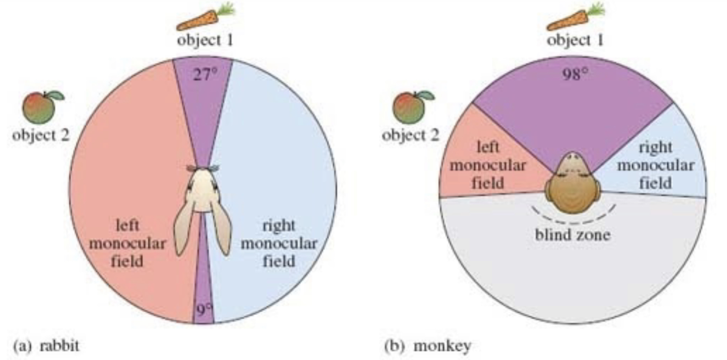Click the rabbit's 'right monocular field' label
pyautogui.click(x=279, y=244)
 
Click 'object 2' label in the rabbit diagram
pyautogui.click(x=40, y=135)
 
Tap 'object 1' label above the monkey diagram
pyautogui.click(x=575, y=41)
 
